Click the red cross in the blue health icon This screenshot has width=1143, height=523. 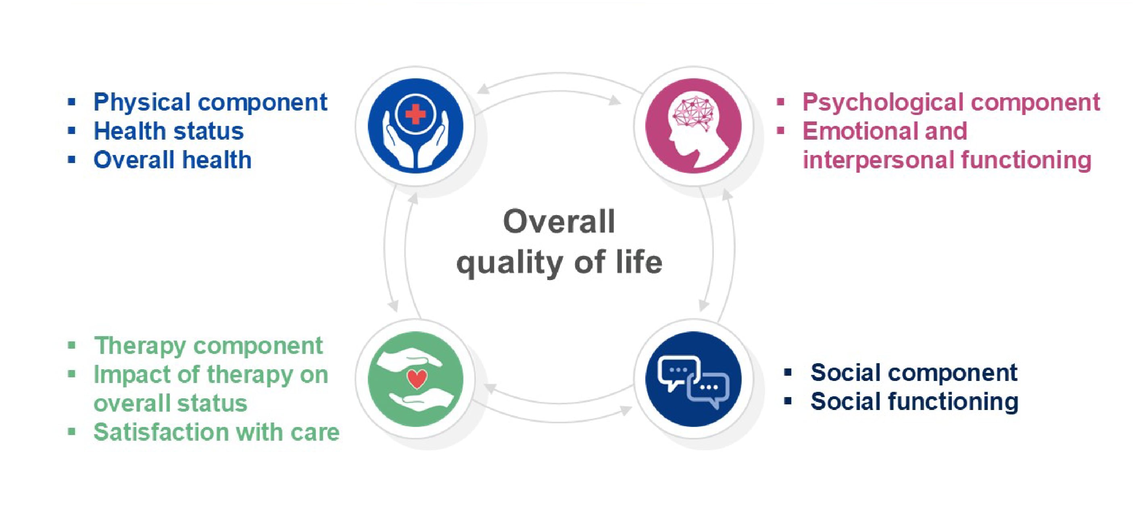(415, 114)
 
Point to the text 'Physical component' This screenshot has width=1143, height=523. (210, 103)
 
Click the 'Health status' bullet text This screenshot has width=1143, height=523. (169, 131)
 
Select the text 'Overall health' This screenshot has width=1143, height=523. (173, 160)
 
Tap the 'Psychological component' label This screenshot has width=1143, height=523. (951, 103)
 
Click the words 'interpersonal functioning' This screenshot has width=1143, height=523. (947, 160)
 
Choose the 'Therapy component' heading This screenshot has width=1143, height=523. (208, 346)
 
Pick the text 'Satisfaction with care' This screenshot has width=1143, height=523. (217, 432)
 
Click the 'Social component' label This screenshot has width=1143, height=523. (914, 372)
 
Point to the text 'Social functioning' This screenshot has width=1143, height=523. (914, 402)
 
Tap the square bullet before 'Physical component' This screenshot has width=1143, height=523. (71, 102)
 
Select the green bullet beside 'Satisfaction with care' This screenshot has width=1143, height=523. (71, 431)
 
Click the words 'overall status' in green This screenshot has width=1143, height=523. (170, 403)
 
